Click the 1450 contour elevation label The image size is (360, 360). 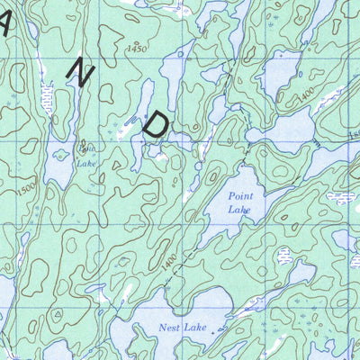tap(136, 48)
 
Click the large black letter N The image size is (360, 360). tap(82, 76)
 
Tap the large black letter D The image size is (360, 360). tap(155, 124)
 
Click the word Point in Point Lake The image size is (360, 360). tap(240, 194)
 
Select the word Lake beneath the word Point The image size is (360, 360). tap(239, 210)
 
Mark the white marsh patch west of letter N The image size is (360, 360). tap(46, 94)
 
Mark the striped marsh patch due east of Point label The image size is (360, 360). tap(340, 197)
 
